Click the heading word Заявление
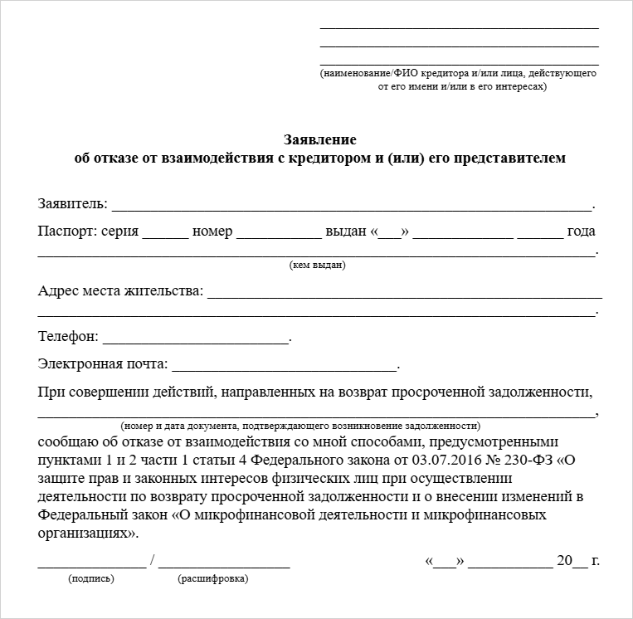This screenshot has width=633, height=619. (320, 139)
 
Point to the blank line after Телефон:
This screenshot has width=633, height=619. (196, 341)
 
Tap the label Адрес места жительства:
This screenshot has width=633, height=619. (119, 291)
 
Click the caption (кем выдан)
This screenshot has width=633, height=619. (318, 266)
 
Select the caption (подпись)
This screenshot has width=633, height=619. (91, 578)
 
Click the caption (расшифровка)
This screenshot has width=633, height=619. (212, 578)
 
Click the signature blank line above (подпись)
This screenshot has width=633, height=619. (91, 565)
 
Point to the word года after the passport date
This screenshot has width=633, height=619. (582, 232)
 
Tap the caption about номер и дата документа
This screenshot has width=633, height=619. (300, 425)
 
